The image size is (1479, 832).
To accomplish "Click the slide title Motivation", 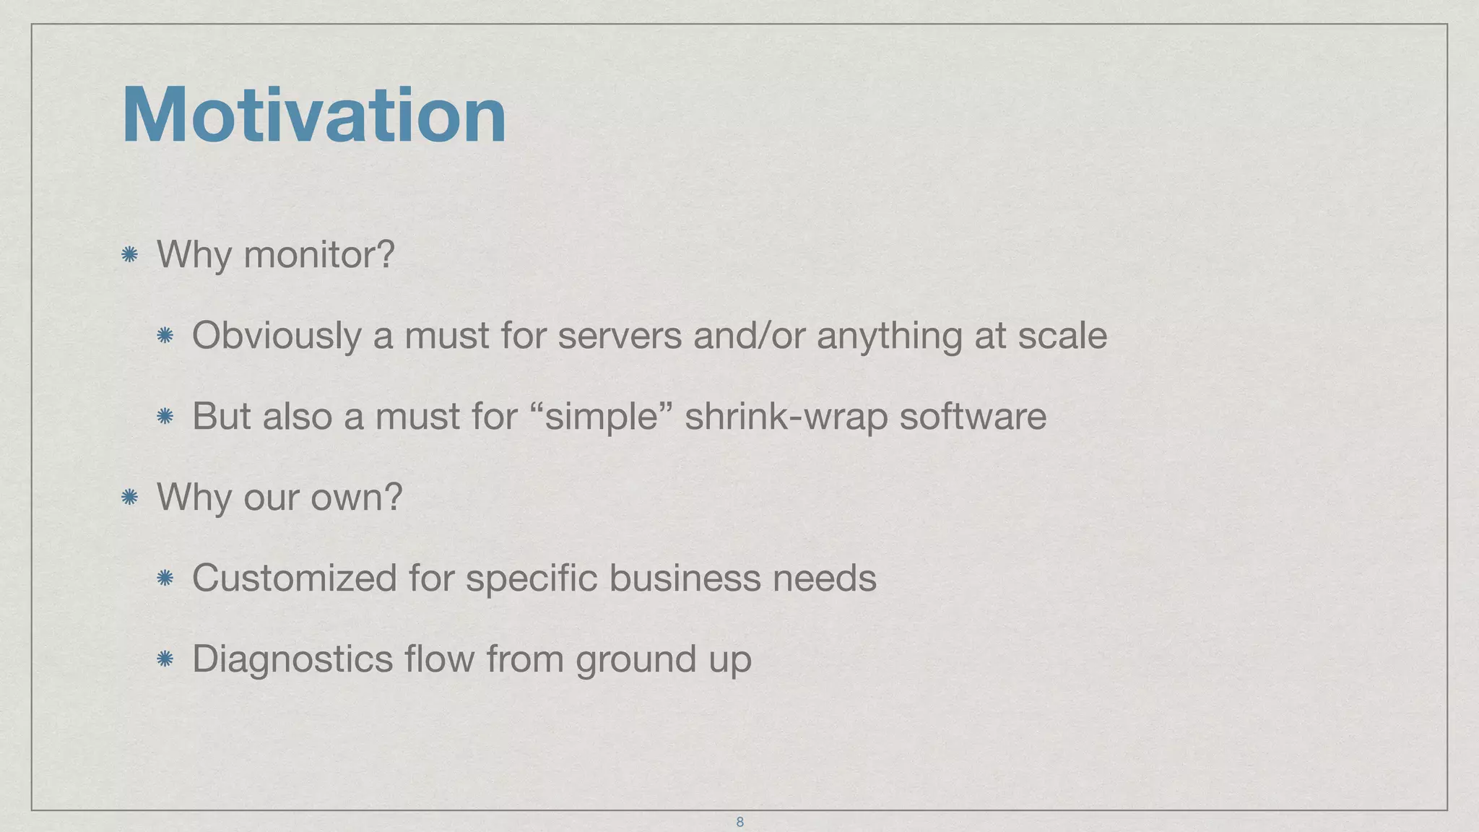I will (314, 116).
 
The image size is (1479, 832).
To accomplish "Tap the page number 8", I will (739, 822).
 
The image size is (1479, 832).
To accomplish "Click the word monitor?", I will (319, 255).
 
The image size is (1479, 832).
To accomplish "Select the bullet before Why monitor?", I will (130, 254).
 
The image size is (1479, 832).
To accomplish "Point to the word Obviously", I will (277, 336).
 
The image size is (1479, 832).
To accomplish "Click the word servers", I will (620, 336).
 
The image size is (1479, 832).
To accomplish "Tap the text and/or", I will (749, 336).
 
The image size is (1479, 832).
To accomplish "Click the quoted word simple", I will (601, 417).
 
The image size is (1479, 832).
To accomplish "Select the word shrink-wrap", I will (786, 417).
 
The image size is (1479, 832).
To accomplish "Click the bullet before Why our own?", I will (130, 497).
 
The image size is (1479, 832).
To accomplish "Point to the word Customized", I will (295, 578).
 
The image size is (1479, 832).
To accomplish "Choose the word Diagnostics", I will (292, 659).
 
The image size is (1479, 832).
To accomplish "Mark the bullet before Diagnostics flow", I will (165, 659).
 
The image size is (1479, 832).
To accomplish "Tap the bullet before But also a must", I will (165, 416).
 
